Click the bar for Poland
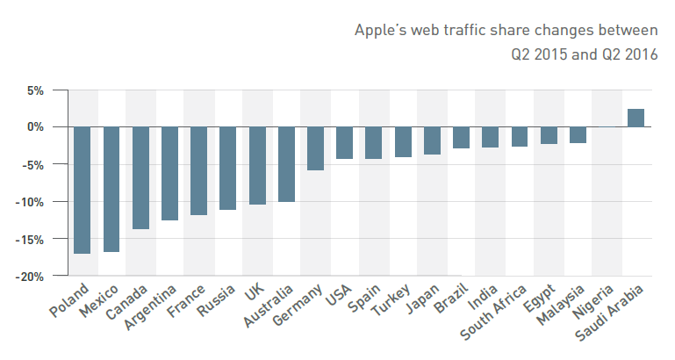pos(83,190)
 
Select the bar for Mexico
pos(111,189)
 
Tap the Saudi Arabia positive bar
pos(636,118)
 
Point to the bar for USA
pos(344,142)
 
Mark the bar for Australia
pos(286,164)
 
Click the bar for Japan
pos(432,140)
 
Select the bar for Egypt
pos(549,135)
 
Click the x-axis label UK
pos(255,293)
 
